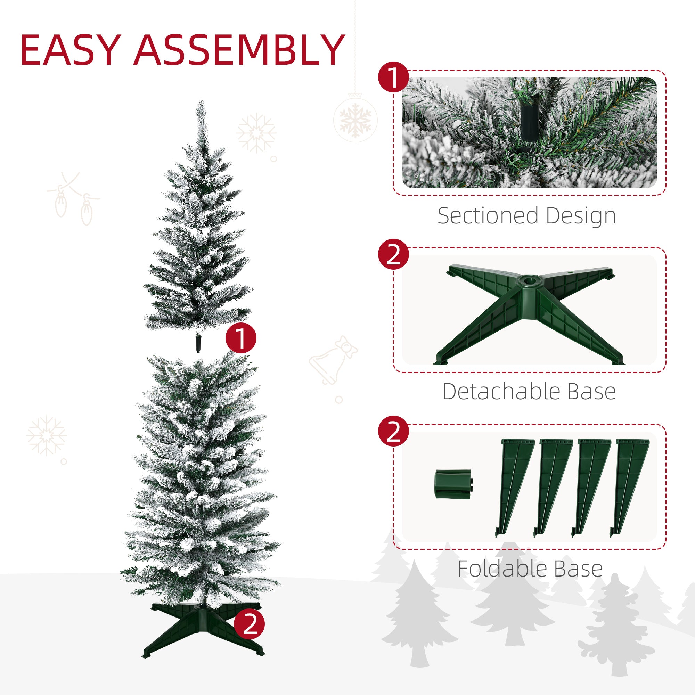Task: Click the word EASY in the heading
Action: coord(69,50)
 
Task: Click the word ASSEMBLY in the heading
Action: coord(239,50)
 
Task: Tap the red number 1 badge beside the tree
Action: coord(241,338)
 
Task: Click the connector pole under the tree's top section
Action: coord(197,344)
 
